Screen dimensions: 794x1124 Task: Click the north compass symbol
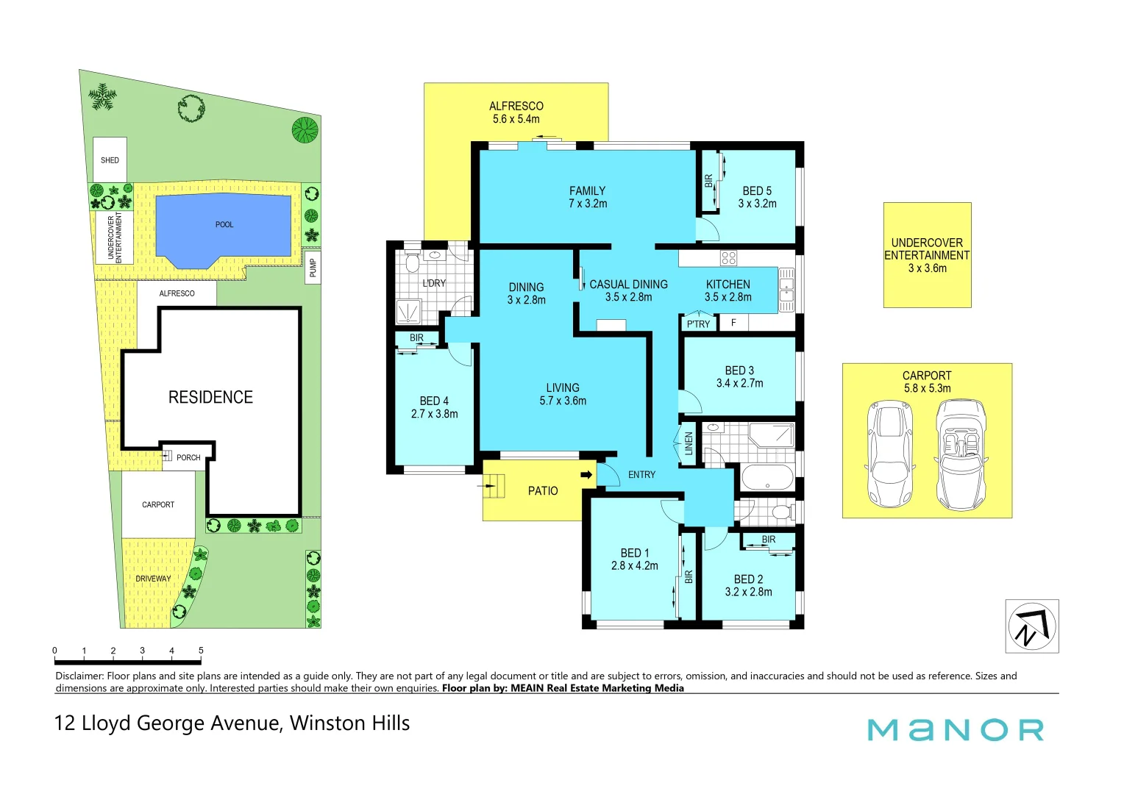point(1032,626)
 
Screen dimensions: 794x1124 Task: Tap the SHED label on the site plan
point(110,160)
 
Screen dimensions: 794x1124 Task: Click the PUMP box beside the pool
point(313,268)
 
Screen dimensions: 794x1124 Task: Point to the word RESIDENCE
point(210,398)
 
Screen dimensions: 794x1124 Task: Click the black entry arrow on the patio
point(586,475)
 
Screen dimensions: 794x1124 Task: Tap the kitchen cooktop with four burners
point(728,258)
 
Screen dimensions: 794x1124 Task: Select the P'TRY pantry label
point(698,324)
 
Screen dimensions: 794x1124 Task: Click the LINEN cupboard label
point(689,443)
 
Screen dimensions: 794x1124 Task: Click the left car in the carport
point(889,454)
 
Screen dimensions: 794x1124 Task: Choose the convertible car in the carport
point(961,454)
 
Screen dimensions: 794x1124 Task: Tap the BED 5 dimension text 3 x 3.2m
point(757,204)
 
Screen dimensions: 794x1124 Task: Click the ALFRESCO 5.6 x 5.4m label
point(516,112)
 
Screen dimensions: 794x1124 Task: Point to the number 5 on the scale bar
point(201,651)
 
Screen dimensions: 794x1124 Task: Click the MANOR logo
point(955,730)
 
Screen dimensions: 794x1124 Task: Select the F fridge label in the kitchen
point(733,323)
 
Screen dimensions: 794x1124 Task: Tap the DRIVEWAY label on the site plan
point(153,579)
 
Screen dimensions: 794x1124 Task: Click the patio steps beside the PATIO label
point(494,487)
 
